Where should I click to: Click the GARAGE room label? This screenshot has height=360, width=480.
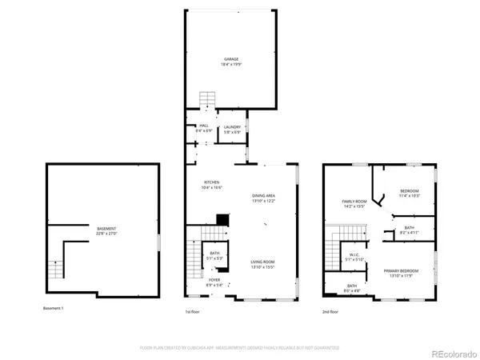coord(231,58)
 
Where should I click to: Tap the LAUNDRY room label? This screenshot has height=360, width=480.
coord(233,126)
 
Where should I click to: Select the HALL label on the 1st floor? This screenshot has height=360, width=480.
coord(204,126)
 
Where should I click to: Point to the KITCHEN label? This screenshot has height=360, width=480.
coord(212,183)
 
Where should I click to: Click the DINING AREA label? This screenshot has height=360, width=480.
coord(263,196)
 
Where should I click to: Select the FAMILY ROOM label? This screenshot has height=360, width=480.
coord(354,202)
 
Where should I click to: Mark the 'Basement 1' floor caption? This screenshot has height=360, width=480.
coord(56,309)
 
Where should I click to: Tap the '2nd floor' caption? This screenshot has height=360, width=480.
coord(330,311)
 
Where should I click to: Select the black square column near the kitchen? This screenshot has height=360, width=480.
coord(222,219)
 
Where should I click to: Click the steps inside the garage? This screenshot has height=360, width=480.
coord(207,99)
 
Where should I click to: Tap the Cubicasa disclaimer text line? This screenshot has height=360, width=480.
coord(239,347)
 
